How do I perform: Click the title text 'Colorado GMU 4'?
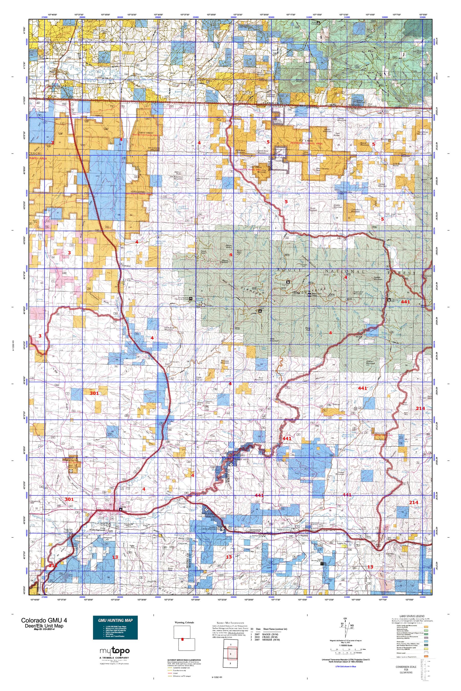[x=44, y=620]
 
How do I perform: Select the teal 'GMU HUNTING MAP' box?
[x=115, y=628]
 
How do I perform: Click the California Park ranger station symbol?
[x=389, y=300]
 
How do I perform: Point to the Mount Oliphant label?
[x=225, y=261]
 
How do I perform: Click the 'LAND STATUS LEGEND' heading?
[x=411, y=616]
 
